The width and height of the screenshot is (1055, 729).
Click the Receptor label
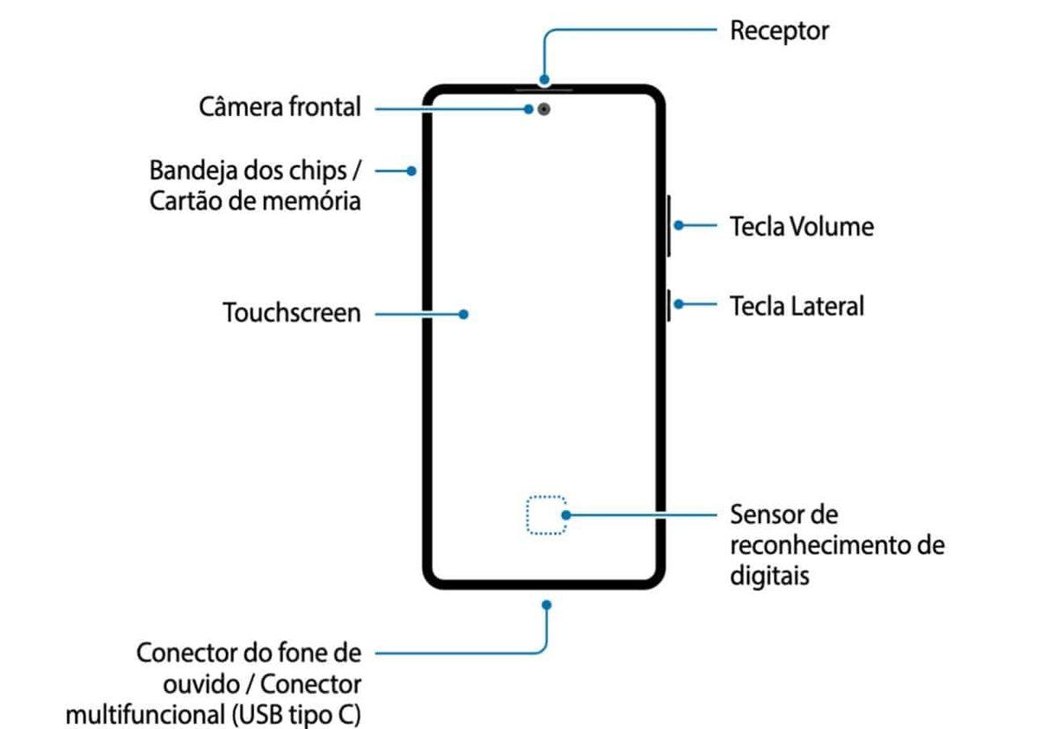tap(779, 32)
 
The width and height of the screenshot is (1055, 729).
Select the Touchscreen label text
tap(292, 313)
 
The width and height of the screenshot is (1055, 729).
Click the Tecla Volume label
tap(802, 227)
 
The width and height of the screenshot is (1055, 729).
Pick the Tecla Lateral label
tap(797, 306)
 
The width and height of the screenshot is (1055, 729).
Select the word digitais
tap(769, 576)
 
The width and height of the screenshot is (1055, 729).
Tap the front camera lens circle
tap(546, 110)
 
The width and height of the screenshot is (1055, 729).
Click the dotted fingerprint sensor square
tap(546, 515)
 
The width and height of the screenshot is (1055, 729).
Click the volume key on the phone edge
tap(669, 226)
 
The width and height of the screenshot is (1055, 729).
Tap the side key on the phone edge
tap(669, 305)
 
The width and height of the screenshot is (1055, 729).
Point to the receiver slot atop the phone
tap(543, 88)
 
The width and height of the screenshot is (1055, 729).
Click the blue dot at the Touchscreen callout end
tap(463, 313)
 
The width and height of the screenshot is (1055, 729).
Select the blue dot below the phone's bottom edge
tap(546, 605)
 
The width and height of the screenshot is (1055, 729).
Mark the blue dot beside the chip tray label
tap(411, 171)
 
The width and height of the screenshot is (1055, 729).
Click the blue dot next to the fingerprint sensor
tap(566, 515)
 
